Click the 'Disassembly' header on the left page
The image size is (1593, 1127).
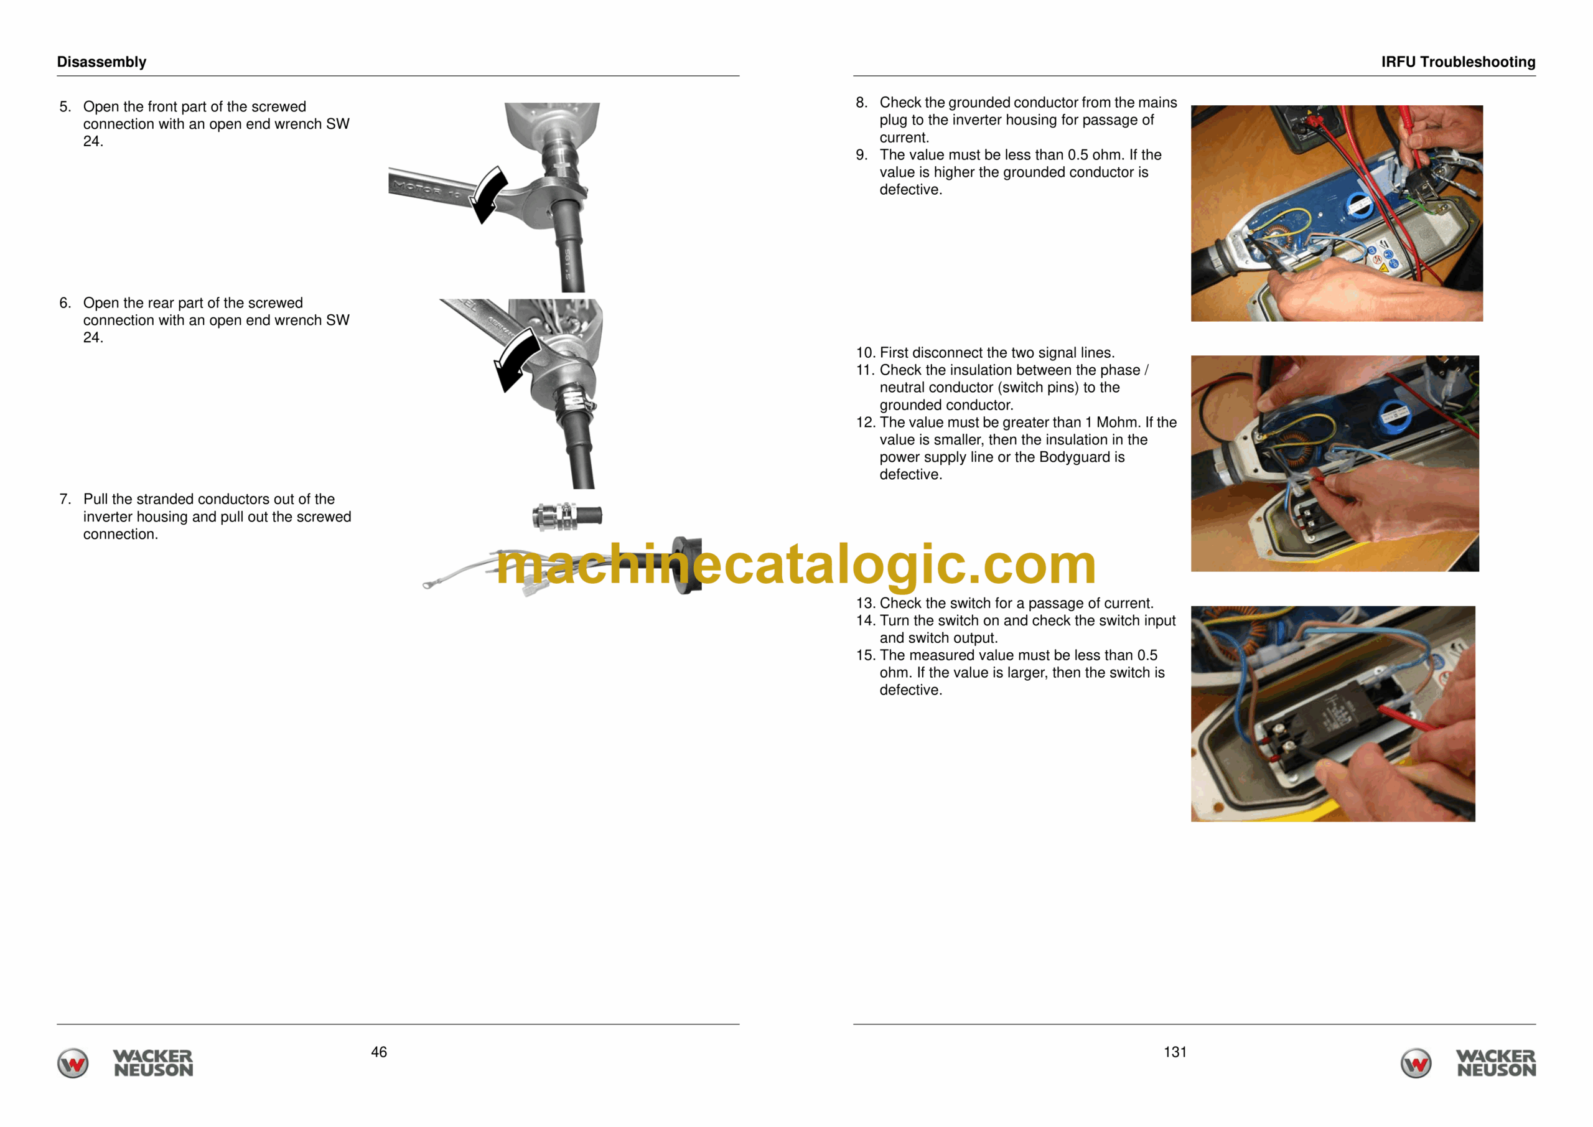pyautogui.click(x=101, y=62)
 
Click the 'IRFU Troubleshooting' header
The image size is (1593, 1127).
pyautogui.click(x=1458, y=62)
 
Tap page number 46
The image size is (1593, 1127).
pyautogui.click(x=379, y=1052)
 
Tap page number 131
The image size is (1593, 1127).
pyautogui.click(x=1175, y=1052)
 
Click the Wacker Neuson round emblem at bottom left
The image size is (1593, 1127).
pyautogui.click(x=73, y=1063)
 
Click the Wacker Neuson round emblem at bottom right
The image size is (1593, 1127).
pyautogui.click(x=1416, y=1063)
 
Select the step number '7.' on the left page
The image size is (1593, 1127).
pyautogui.click(x=65, y=499)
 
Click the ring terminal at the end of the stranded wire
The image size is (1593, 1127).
pyautogui.click(x=428, y=585)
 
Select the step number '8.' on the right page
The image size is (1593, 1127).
pyautogui.click(x=862, y=103)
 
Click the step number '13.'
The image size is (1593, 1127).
pyautogui.click(x=865, y=603)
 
